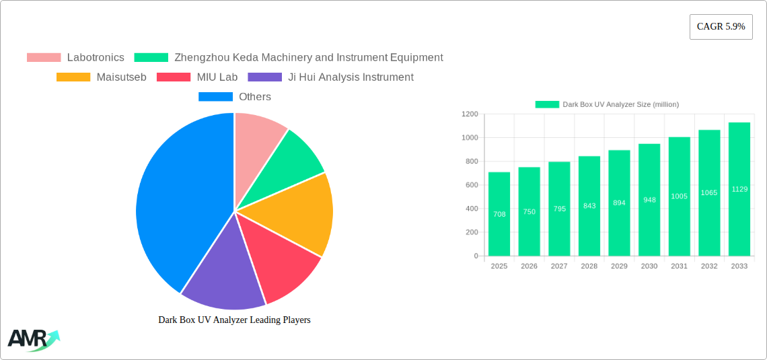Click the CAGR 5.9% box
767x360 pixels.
click(x=721, y=26)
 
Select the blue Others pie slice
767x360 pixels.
click(x=175, y=202)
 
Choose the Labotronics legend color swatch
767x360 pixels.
click(x=44, y=58)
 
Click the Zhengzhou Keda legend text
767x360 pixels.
click(x=308, y=58)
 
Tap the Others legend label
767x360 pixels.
click(x=255, y=97)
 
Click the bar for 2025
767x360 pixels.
click(x=499, y=214)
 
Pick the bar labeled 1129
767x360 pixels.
click(x=739, y=189)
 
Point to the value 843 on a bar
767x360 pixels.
click(x=589, y=206)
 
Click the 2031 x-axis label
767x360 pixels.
click(x=679, y=266)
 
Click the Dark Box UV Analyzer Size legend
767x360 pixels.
click(x=607, y=104)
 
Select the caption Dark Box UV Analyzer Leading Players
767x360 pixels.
click(x=234, y=320)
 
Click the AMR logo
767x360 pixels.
click(x=32, y=339)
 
